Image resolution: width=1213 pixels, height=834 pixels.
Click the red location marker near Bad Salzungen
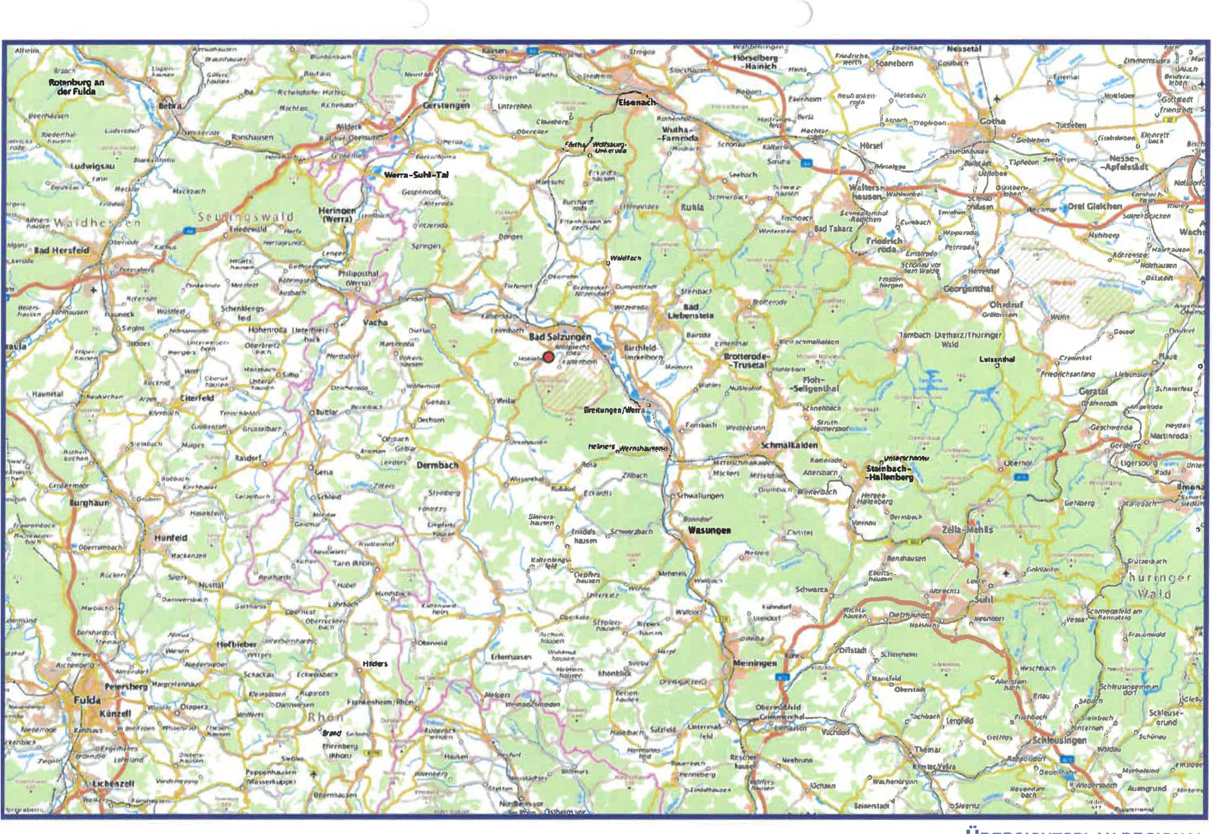[548, 357]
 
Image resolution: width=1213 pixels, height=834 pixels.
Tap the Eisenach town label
[636, 102]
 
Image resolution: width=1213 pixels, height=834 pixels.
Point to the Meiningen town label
[754, 662]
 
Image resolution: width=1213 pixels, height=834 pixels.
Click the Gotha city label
[992, 121]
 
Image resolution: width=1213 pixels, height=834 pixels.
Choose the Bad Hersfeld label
[62, 250]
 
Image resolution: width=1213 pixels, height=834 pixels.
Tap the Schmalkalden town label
[789, 445]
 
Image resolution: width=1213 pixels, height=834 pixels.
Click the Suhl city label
[984, 599]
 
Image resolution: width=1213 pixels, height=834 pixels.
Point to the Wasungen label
[709, 530]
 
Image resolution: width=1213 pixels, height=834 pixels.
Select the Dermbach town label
[437, 465]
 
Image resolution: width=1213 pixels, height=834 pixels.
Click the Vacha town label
[375, 322]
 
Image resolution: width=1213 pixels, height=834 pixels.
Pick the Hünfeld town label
[170, 537]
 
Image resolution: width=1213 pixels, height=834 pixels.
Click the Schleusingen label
[1059, 741]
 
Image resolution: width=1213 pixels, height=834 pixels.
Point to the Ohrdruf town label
[1006, 305]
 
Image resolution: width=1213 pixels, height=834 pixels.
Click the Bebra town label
[170, 106]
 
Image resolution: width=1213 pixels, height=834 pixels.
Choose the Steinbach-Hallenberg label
[889, 473]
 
